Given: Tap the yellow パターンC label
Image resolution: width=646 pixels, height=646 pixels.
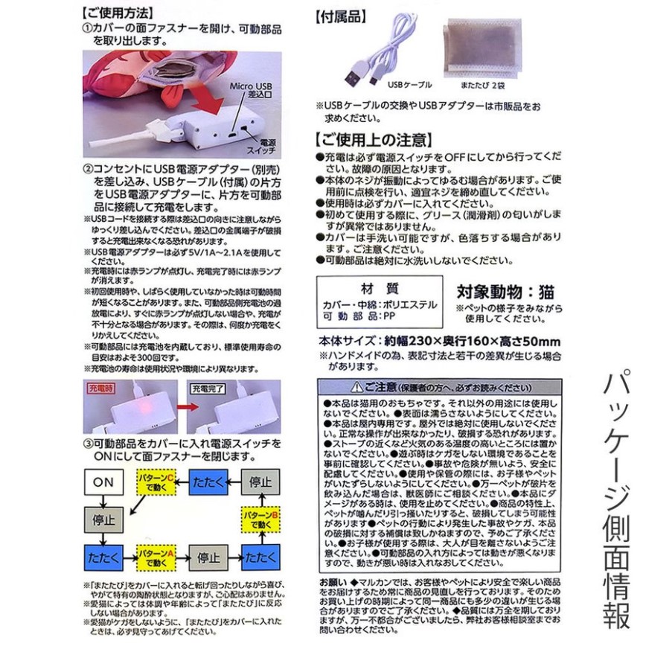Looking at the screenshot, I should point(156,482).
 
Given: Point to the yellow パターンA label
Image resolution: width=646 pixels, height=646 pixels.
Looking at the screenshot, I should point(156,555).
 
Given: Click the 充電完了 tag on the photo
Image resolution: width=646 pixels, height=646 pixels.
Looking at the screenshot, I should point(208,388).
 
